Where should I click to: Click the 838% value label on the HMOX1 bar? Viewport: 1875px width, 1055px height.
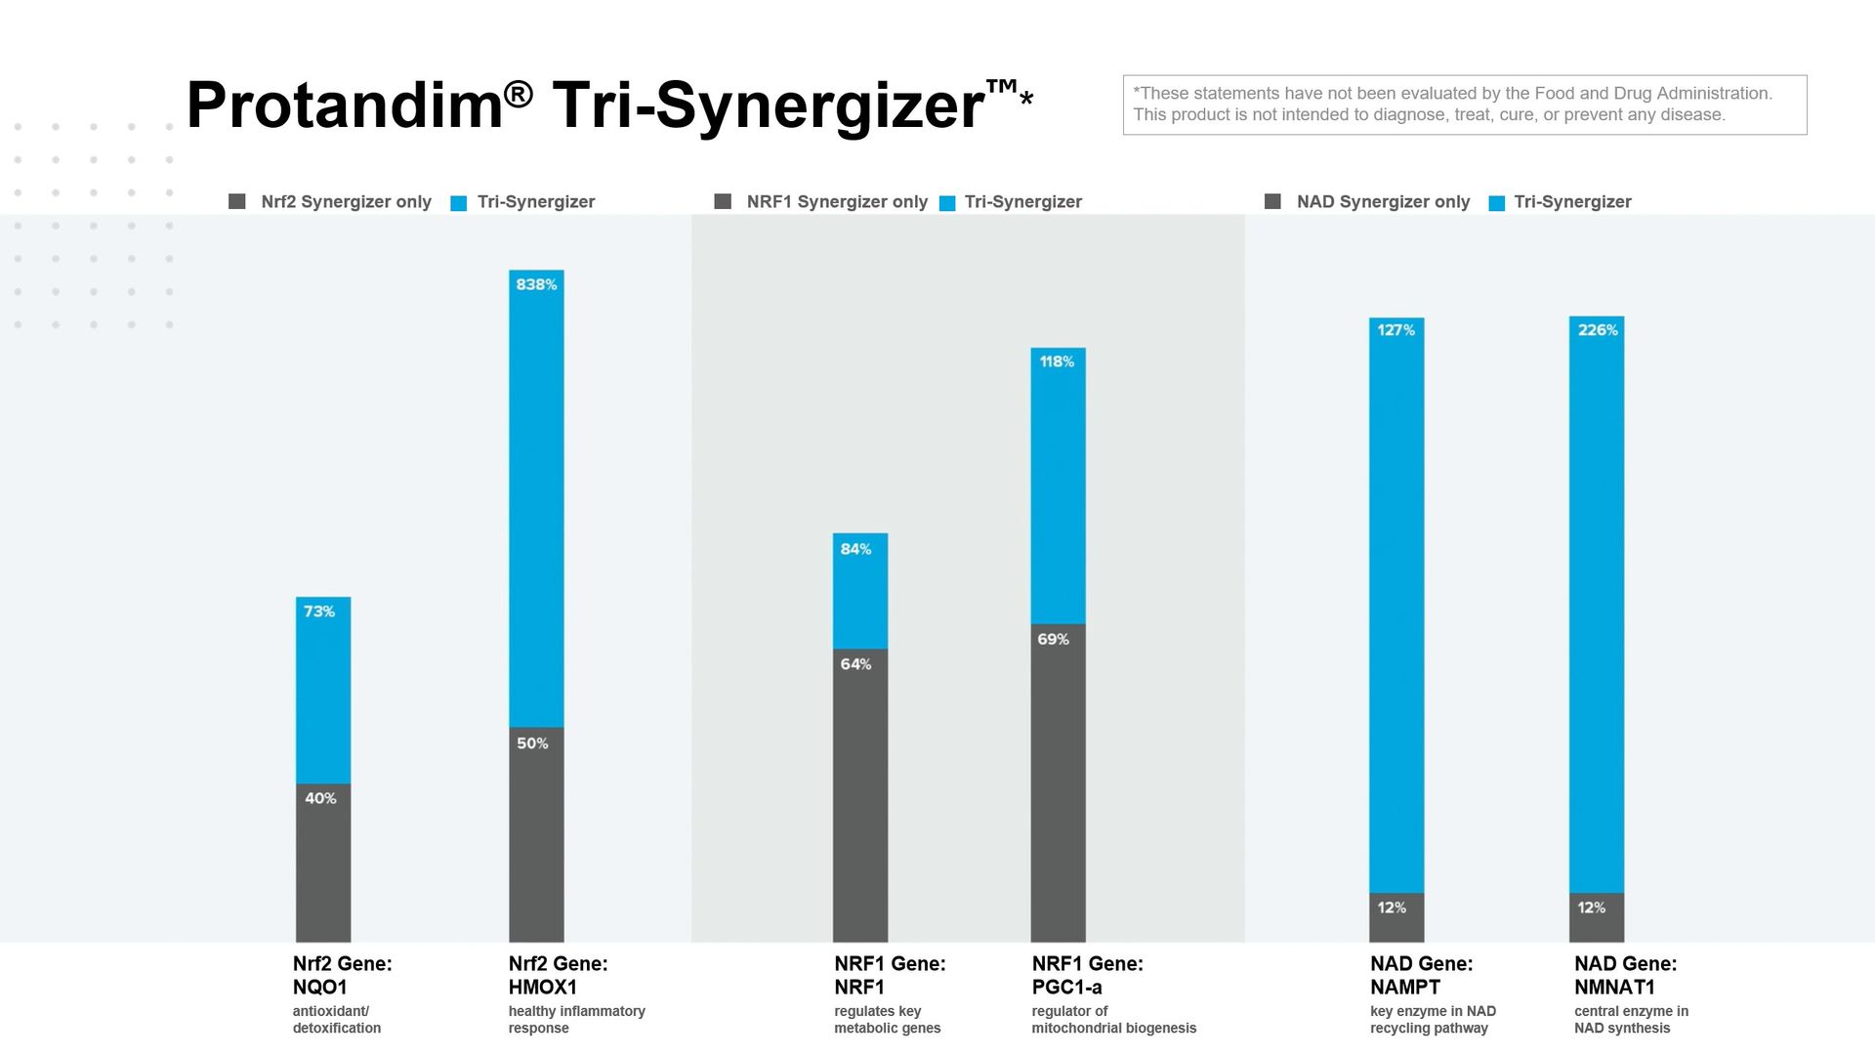click(x=536, y=284)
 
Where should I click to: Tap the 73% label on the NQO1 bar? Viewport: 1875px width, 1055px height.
click(x=319, y=612)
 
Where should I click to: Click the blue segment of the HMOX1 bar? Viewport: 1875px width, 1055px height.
click(x=536, y=508)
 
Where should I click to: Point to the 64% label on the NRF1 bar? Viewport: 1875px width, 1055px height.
click(x=855, y=664)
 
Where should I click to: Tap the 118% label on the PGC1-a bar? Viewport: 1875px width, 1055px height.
click(x=1057, y=361)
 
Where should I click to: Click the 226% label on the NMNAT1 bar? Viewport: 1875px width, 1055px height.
click(x=1598, y=330)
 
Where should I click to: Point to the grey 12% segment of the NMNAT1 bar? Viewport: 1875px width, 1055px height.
click(x=1597, y=918)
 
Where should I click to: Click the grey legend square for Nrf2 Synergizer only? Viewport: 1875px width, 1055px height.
click(x=237, y=201)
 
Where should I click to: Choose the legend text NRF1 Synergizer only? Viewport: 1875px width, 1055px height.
click(x=837, y=201)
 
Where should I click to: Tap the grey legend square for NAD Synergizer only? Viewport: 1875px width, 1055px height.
click(x=1272, y=201)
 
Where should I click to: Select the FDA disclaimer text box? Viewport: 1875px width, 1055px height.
click(x=1465, y=105)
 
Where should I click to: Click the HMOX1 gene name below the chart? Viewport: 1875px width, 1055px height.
click(x=543, y=988)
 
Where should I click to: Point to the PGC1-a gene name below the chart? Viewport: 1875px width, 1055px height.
click(x=1066, y=988)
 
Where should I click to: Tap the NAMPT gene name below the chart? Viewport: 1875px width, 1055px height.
click(x=1405, y=988)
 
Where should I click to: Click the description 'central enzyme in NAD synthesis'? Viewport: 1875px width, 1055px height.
click(x=1631, y=1020)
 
